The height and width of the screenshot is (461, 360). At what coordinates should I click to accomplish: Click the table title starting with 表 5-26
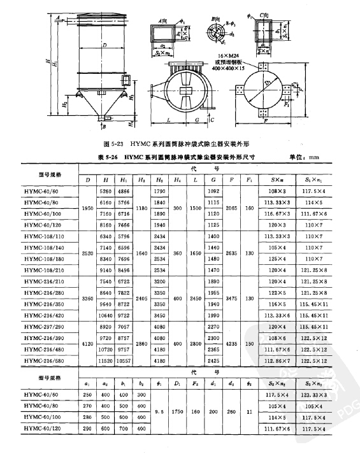pos(171,155)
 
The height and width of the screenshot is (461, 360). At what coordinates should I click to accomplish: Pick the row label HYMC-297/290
pos(49,325)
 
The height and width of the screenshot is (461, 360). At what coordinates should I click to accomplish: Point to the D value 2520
pos(87,252)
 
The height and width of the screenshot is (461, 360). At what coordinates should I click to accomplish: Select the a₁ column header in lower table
pos(87,384)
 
